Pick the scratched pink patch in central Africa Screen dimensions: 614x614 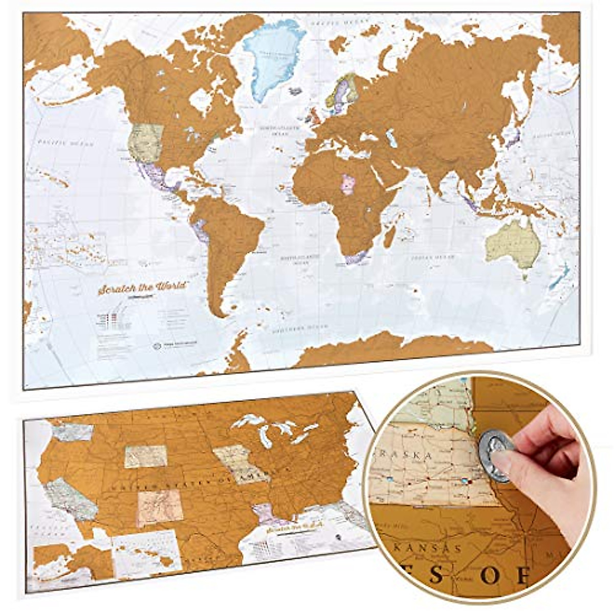tap(348, 184)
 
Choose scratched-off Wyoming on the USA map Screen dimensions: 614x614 tap(146, 456)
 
